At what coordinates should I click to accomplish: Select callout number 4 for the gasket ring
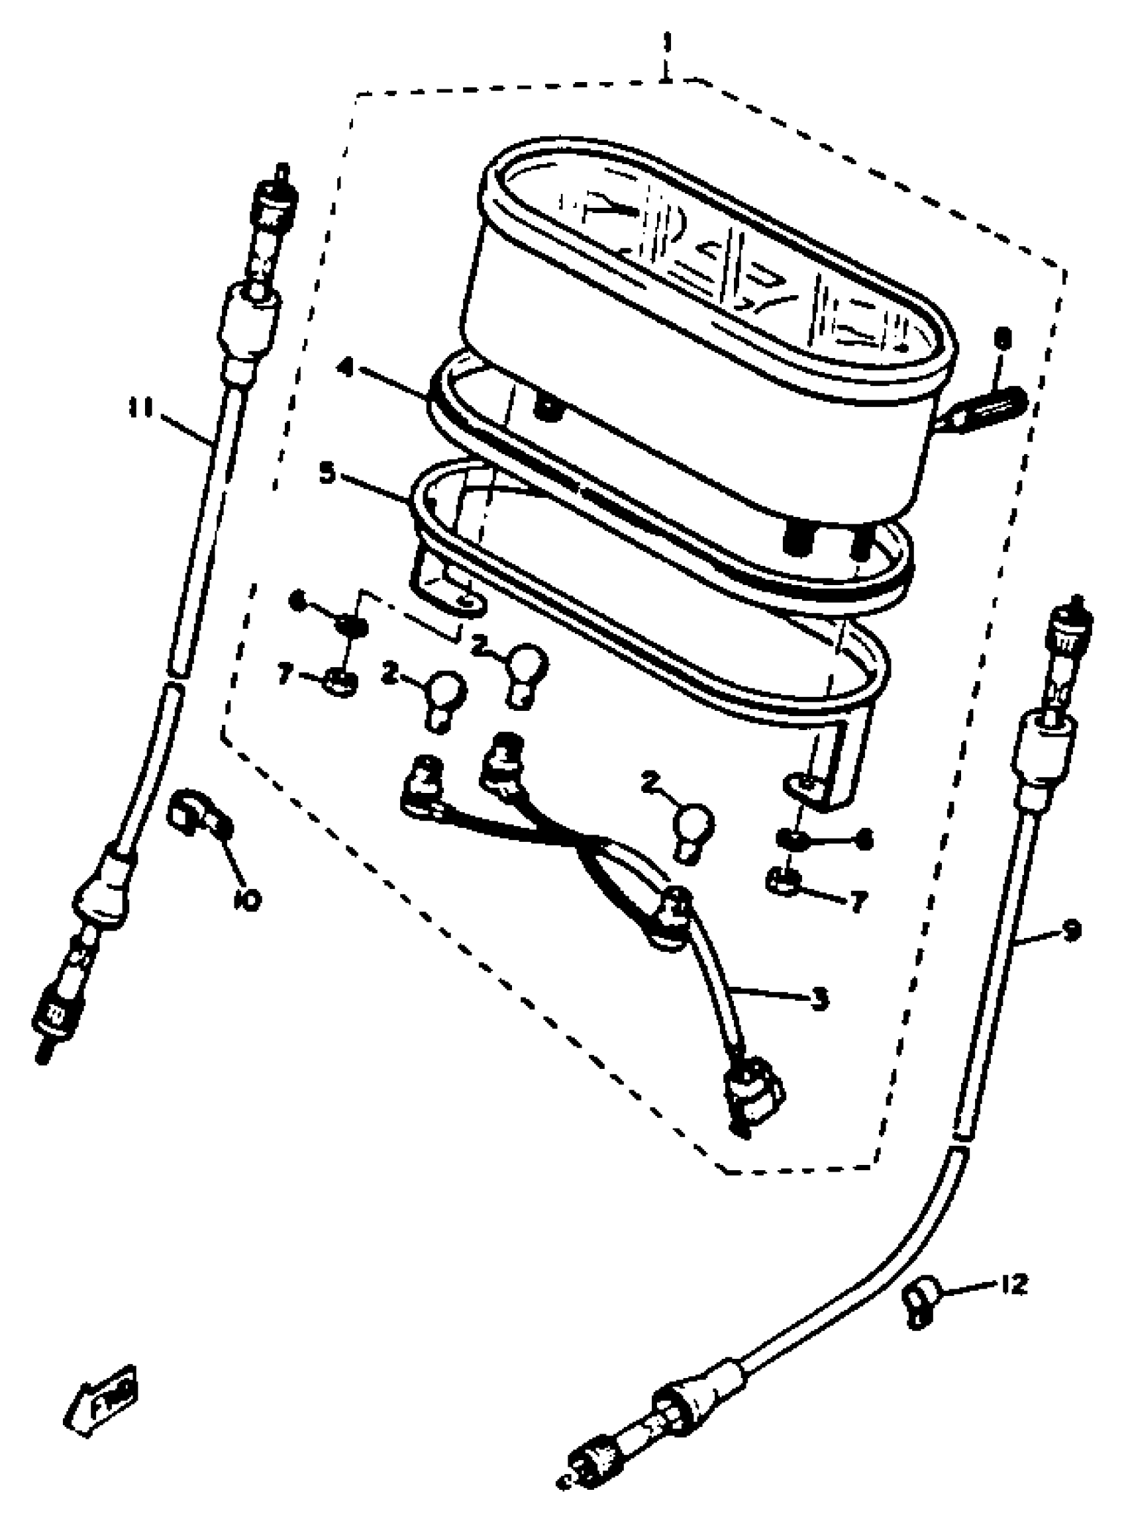click(347, 370)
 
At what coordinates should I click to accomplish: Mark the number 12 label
click(1013, 1285)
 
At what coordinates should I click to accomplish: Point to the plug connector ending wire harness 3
click(755, 1099)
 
